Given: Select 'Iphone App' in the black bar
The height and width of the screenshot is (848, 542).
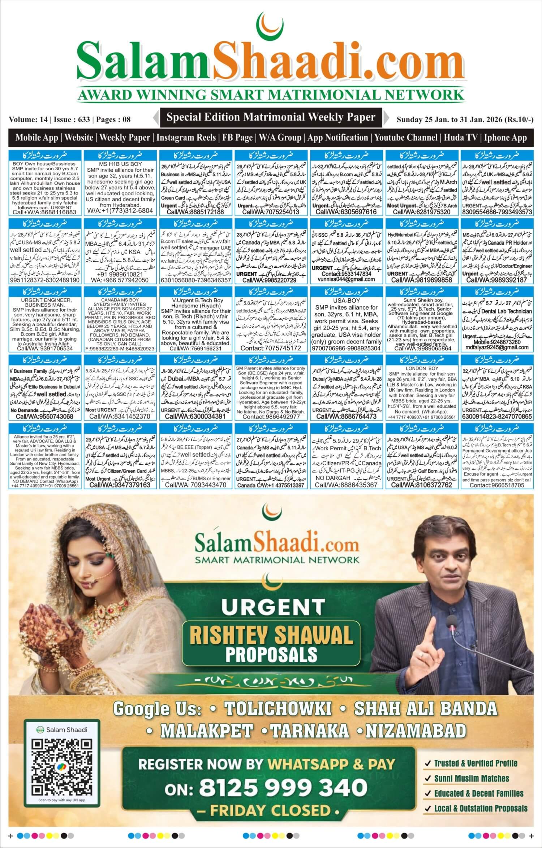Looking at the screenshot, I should pyautogui.click(x=505, y=137).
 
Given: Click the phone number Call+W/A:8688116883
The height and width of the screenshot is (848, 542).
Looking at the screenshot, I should pyautogui.click(x=45, y=213).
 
